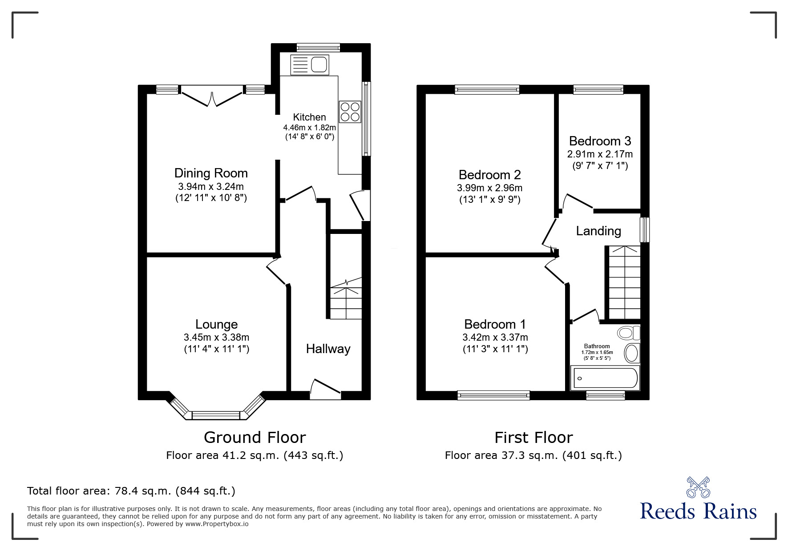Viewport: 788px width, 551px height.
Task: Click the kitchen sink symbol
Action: (x=309, y=64)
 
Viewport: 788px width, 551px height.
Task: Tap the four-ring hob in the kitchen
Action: (x=350, y=112)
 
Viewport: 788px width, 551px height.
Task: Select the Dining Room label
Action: (x=211, y=173)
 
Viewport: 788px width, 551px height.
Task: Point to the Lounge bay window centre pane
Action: (x=216, y=415)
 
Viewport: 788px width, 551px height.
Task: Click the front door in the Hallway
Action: (x=326, y=387)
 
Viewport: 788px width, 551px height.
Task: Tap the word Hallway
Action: (x=328, y=349)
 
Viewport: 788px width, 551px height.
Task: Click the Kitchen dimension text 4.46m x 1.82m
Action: (x=310, y=128)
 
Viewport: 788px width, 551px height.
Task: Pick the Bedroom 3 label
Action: (x=600, y=141)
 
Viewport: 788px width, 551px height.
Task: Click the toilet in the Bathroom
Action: (x=628, y=333)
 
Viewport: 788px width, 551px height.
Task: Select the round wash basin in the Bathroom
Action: (x=631, y=353)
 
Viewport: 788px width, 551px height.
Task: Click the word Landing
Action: (x=598, y=231)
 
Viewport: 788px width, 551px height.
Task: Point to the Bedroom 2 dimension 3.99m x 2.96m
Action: (x=489, y=188)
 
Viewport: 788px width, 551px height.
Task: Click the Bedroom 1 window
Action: (x=493, y=395)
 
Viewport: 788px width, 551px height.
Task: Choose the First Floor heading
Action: (x=533, y=438)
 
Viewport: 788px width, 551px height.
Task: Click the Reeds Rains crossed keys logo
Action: (x=698, y=487)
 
